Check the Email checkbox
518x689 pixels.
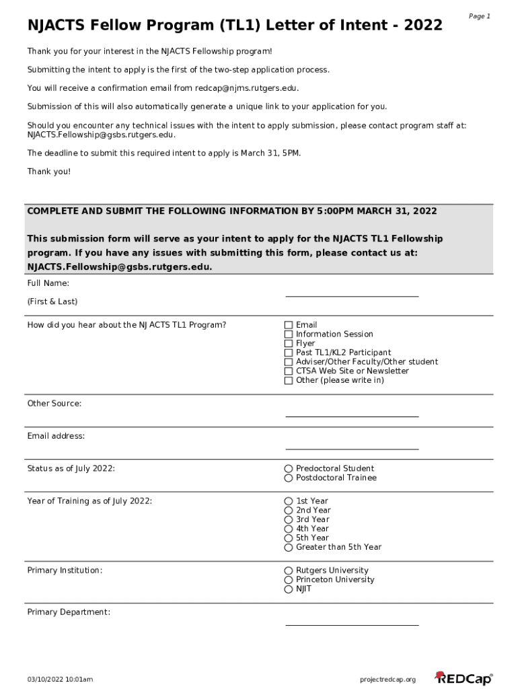tap(289, 325)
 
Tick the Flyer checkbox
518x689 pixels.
tap(289, 344)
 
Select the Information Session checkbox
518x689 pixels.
tap(289, 334)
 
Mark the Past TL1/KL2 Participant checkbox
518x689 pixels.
tap(289, 353)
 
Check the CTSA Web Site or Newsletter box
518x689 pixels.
tap(289, 371)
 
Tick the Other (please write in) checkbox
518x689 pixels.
tap(289, 381)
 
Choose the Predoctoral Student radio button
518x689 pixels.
tap(289, 469)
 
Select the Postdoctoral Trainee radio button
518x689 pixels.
tap(289, 478)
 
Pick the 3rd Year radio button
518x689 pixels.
tap(289, 519)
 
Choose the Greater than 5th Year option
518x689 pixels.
tap(289, 548)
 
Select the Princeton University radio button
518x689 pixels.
tap(289, 580)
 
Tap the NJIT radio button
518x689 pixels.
tap(289, 589)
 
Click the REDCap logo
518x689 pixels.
tap(464, 678)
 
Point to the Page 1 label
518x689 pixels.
tap(479, 16)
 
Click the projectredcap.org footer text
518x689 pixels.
tap(388, 680)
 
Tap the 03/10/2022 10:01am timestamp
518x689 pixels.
tap(60, 680)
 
